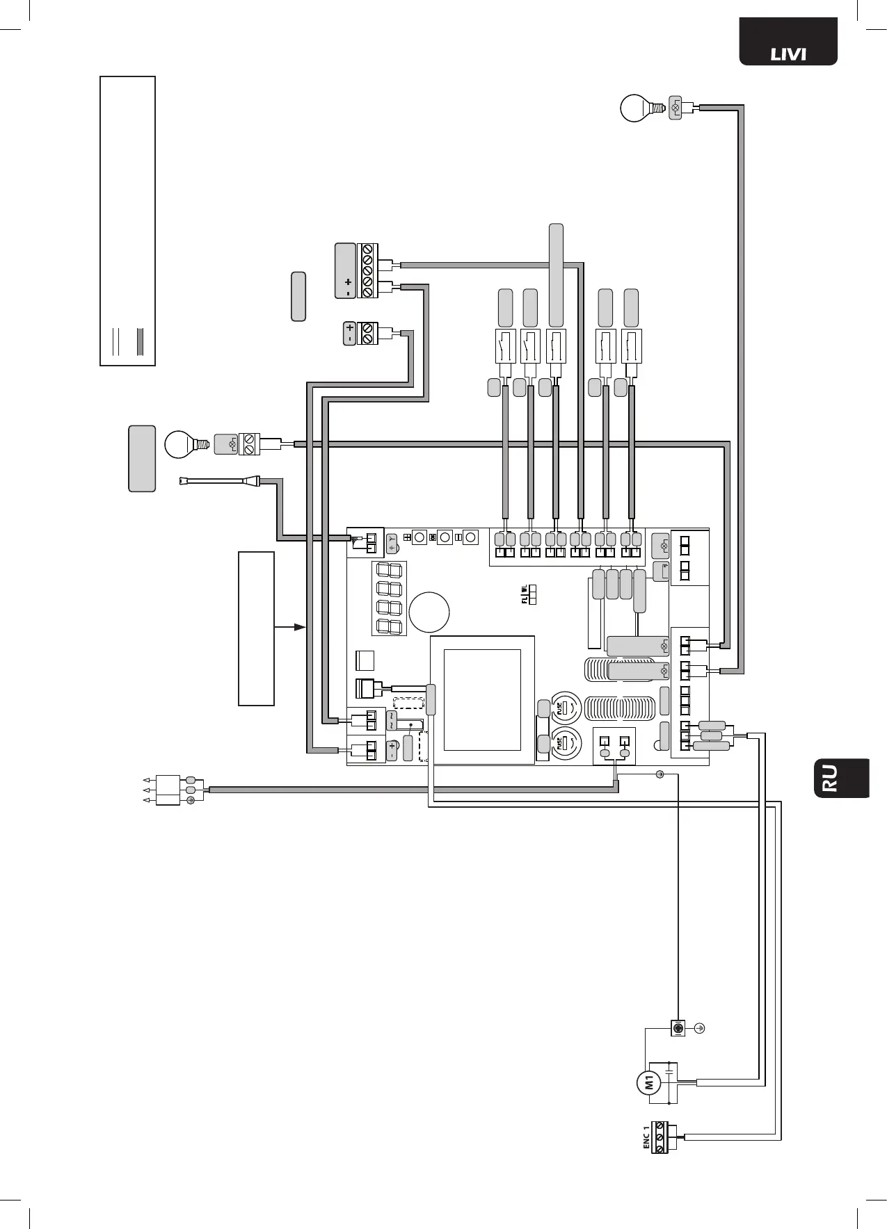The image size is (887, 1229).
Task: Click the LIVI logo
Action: click(788, 53)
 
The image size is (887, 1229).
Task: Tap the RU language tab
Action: click(842, 778)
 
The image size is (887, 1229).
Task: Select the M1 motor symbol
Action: click(648, 1082)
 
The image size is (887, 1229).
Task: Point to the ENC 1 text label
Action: click(646, 1135)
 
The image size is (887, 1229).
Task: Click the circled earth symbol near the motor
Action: click(700, 1028)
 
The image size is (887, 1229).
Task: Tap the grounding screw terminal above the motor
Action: click(677, 1028)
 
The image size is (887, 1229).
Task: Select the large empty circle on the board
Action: click(429, 612)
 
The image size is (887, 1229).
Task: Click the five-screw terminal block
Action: click(367, 271)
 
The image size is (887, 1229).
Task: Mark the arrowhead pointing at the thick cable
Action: click(299, 627)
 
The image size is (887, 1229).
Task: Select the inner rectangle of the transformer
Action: click(482, 700)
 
